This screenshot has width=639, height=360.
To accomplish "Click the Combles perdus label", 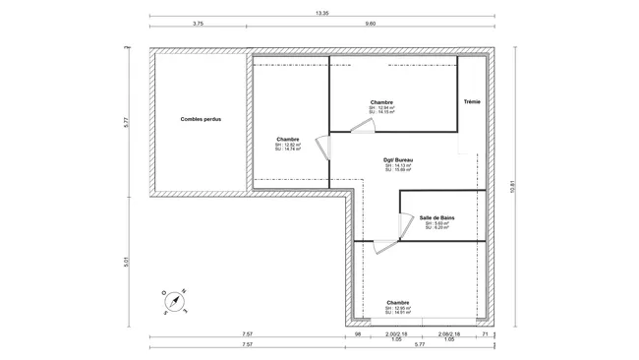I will [199, 120].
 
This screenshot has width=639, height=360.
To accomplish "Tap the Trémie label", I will [472, 101].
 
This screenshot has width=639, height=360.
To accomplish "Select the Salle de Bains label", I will [436, 217].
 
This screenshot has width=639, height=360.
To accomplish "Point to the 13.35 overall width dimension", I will [321, 14].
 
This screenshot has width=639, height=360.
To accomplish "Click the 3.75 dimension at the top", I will [198, 23].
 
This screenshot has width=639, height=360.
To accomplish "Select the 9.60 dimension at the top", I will [370, 23].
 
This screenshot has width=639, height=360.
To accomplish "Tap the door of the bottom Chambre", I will [392, 251].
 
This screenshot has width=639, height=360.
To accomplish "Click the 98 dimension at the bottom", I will [360, 335].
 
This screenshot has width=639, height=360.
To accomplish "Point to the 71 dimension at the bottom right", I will [485, 335].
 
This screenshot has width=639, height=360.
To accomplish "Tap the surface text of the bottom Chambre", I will [397, 311].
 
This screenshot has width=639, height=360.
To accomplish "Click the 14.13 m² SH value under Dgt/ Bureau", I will [397, 165].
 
